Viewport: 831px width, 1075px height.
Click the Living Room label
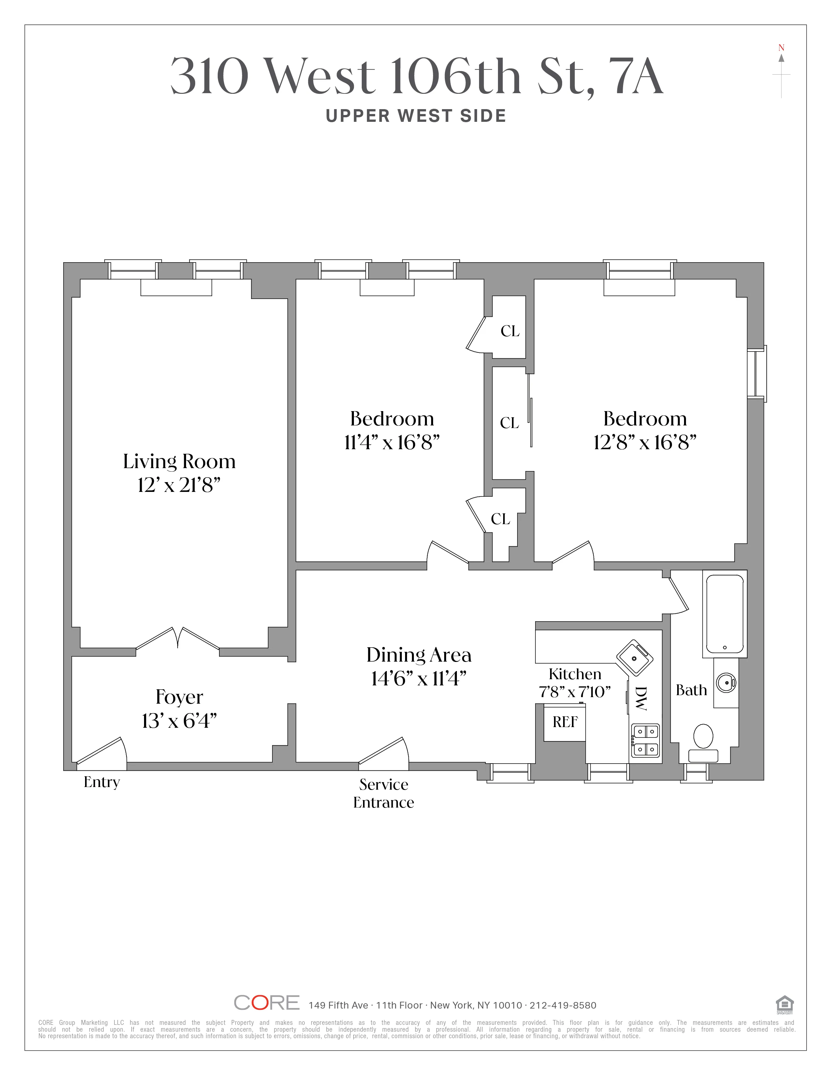pyautogui.click(x=179, y=462)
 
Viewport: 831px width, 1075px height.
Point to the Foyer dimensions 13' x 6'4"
pyautogui.click(x=179, y=721)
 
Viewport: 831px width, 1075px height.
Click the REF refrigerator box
pyautogui.click(x=565, y=722)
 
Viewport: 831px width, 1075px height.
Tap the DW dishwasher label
pyautogui.click(x=640, y=698)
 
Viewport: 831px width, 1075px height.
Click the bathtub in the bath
pyautogui.click(x=725, y=614)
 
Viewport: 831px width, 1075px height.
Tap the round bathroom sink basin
pyautogui.click(x=726, y=683)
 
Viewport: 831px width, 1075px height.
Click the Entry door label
pyautogui.click(x=101, y=782)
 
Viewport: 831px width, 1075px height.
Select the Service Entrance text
pyautogui.click(x=384, y=793)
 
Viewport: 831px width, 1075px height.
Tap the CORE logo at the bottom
pyautogui.click(x=266, y=1003)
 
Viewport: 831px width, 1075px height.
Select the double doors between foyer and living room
pyautogui.click(x=177, y=638)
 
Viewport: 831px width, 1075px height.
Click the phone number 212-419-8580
pyautogui.click(x=563, y=1005)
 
